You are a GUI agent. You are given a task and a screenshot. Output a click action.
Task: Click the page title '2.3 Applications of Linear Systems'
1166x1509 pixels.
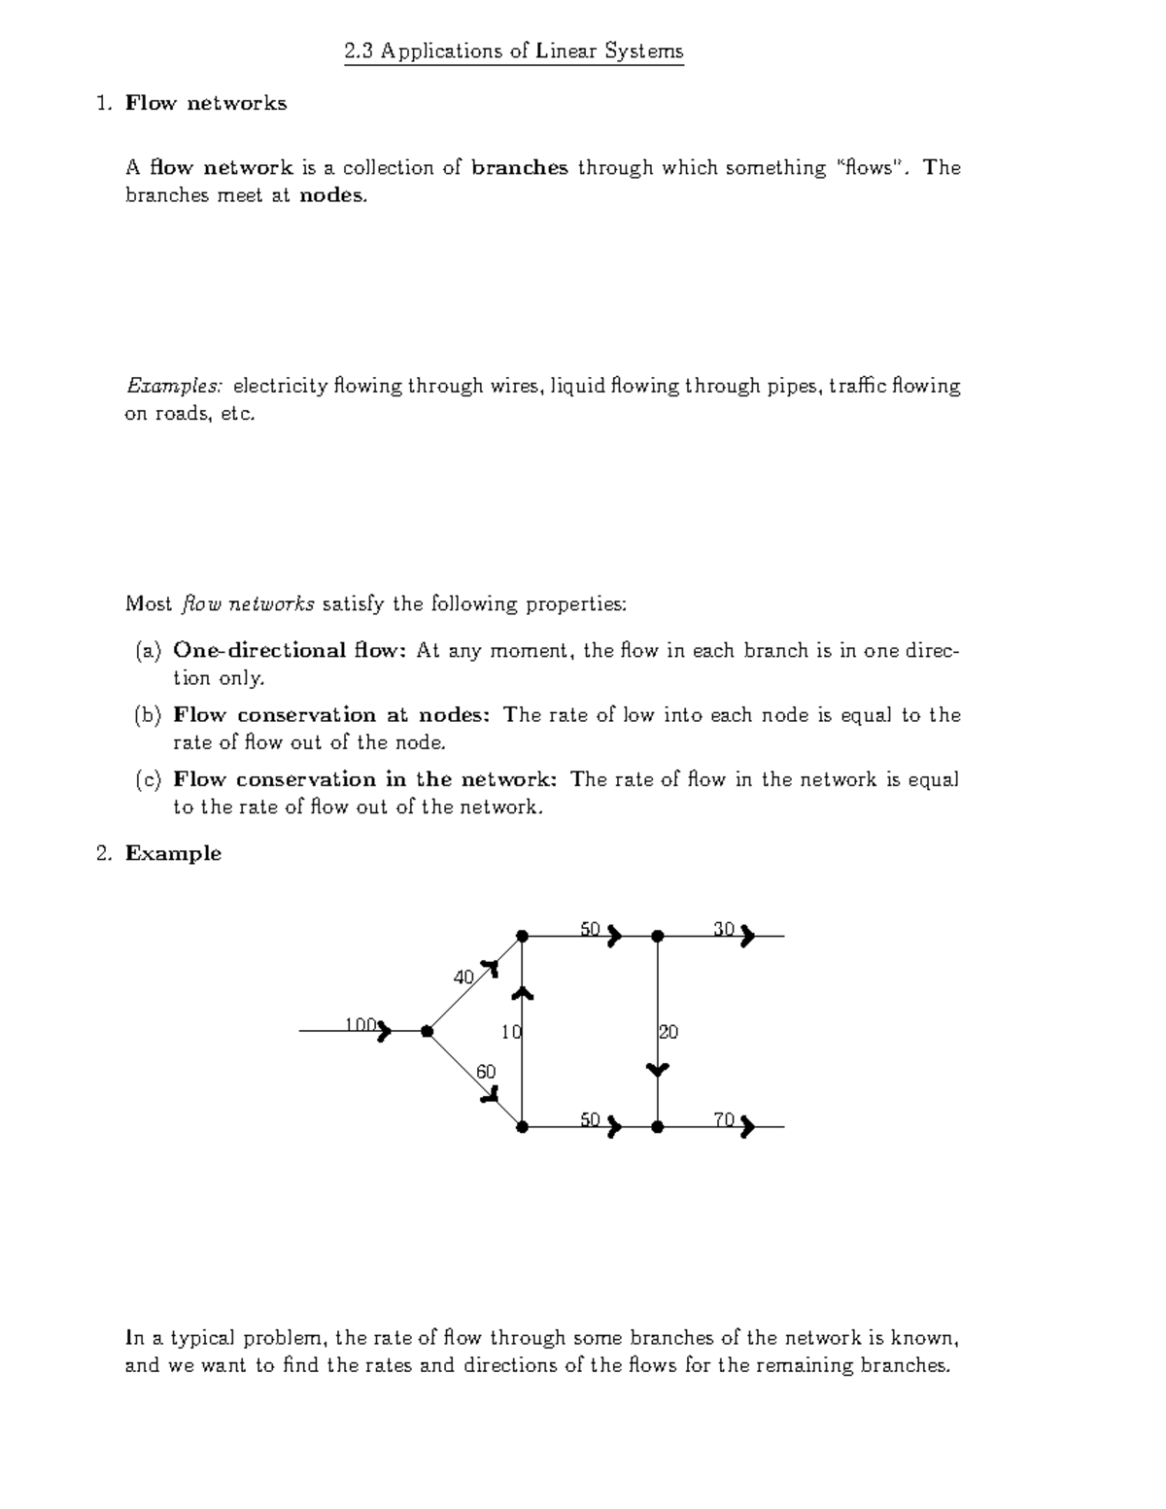coord(514,51)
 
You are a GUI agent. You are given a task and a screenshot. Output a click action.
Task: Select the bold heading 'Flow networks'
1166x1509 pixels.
coord(206,103)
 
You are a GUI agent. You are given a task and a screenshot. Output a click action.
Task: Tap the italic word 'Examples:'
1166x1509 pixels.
coord(174,387)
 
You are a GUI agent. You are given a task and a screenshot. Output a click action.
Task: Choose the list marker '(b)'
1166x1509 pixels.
coord(148,715)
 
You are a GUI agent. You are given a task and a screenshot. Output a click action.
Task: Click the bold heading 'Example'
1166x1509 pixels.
coord(173,853)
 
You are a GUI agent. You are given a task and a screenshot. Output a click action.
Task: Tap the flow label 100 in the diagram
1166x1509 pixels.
coord(360,1024)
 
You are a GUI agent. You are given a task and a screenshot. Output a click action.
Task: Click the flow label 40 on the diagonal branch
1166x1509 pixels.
coord(463,977)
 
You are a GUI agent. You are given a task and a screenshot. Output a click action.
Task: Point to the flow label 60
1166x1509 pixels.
coord(486,1071)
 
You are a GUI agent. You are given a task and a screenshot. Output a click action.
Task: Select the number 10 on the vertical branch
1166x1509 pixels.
coord(511,1032)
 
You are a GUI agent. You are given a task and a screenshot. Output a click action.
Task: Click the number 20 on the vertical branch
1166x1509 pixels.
coord(669,1032)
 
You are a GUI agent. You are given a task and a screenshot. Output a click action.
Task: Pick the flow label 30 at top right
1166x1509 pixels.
coord(724,929)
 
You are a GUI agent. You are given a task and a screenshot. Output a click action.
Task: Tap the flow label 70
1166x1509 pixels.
coord(724,1119)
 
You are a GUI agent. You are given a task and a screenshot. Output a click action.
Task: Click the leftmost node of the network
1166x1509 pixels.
coord(427,1031)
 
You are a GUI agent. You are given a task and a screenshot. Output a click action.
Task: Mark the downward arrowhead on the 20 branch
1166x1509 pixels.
coord(658,1069)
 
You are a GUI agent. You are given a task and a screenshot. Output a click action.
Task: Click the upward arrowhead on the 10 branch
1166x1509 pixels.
coord(523,992)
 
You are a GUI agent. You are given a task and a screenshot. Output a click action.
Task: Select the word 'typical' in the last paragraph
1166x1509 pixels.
coord(203,1338)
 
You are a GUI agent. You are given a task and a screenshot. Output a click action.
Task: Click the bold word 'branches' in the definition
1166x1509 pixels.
coord(519,168)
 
